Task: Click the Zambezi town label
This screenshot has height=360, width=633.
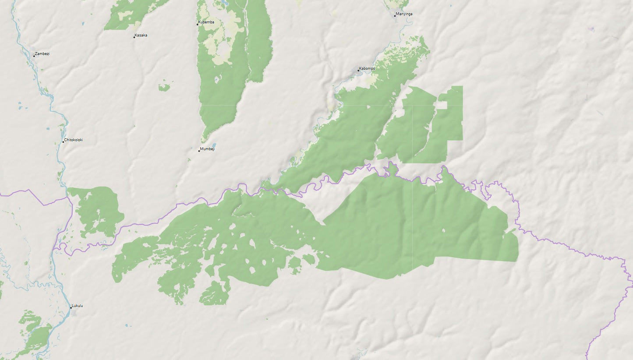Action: point(42,53)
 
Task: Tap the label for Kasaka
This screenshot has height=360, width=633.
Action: point(141,35)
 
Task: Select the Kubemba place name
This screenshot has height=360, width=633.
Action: point(206,22)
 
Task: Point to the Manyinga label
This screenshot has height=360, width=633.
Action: point(404,14)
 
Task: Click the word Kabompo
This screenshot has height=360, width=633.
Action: point(367,69)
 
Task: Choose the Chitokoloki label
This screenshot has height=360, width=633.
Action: point(74,140)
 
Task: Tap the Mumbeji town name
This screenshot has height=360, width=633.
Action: point(208,149)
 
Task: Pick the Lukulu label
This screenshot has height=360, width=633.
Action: point(78,306)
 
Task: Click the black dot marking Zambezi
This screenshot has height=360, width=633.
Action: point(34,56)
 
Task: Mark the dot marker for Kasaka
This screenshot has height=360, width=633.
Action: point(134,37)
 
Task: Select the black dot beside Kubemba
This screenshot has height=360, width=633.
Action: point(197,24)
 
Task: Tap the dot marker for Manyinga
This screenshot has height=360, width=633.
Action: point(395,16)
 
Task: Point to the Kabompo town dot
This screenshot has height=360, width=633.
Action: point(358,71)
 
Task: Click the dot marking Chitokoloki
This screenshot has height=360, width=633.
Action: point(63,141)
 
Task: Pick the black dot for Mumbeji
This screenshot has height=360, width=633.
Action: point(199,151)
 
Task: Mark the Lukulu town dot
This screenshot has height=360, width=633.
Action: point(71,307)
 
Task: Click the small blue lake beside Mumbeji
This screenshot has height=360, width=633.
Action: point(214,145)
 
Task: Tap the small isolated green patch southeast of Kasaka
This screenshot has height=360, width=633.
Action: point(164,88)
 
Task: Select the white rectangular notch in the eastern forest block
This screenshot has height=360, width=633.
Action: point(441,105)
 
